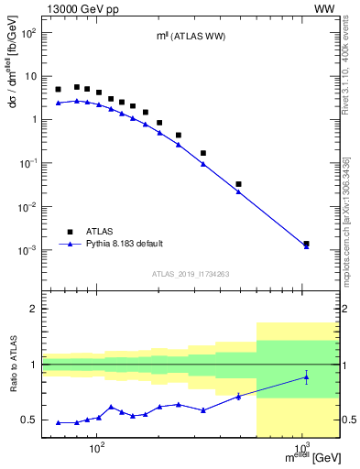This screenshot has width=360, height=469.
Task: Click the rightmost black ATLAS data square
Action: [x=306, y=244]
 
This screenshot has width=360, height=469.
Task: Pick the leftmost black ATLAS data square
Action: [x=59, y=90]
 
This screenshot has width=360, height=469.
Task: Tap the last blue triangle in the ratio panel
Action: [x=306, y=376]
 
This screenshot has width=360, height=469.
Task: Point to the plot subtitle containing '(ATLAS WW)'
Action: [x=189, y=36]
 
